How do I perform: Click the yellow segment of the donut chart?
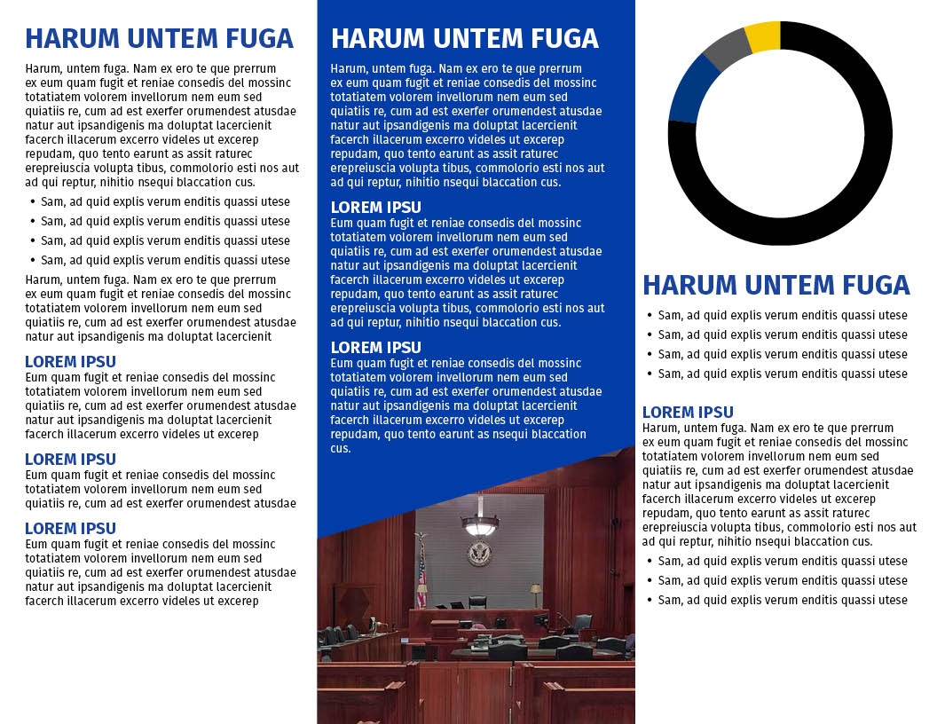click(x=763, y=37)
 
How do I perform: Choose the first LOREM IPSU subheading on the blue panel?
click(x=375, y=208)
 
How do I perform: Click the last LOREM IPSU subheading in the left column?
click(x=70, y=529)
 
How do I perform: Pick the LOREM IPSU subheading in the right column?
click(x=688, y=412)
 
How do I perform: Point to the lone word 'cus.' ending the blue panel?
click(x=341, y=449)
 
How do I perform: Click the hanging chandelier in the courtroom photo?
click(x=480, y=524)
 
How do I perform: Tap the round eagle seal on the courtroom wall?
click(x=479, y=554)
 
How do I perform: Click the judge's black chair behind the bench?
click(x=477, y=602)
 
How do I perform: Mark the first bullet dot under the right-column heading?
click(x=650, y=315)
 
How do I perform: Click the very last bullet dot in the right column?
click(x=650, y=600)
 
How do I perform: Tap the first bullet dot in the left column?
click(x=33, y=201)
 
